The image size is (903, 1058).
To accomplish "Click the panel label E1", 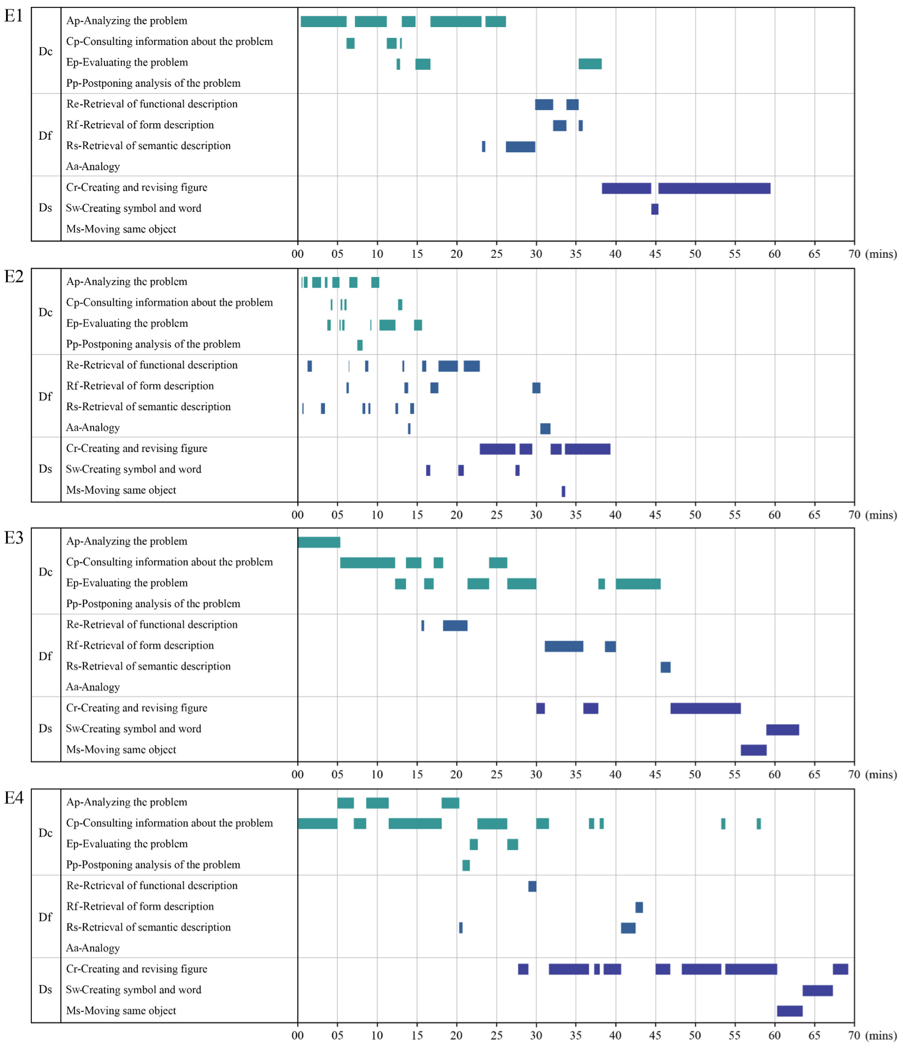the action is [x=14, y=16].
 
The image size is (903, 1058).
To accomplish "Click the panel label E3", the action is [x=14, y=538].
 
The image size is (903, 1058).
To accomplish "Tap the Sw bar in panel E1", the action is [x=655, y=209].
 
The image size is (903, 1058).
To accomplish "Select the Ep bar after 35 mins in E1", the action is [x=590, y=64].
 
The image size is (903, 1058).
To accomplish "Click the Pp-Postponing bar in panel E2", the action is [x=360, y=345].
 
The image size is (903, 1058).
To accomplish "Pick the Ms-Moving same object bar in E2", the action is [x=564, y=491].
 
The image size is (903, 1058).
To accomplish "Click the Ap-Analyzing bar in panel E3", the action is [x=319, y=542].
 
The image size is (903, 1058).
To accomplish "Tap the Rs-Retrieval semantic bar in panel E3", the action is [x=666, y=667].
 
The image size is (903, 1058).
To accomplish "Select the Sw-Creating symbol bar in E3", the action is [x=782, y=730].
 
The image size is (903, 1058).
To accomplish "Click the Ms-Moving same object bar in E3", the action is [x=753, y=750].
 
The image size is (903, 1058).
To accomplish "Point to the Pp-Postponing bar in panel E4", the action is [x=466, y=866].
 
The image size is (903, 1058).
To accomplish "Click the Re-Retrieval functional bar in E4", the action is [x=532, y=887].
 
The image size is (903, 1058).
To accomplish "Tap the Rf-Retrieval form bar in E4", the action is [x=639, y=908].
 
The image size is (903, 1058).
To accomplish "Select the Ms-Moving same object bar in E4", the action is [x=790, y=1011].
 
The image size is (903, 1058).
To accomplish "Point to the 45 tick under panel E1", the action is [x=655, y=254].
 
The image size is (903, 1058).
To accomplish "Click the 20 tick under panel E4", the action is [x=457, y=1035].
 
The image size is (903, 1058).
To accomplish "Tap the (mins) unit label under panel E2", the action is [x=881, y=515].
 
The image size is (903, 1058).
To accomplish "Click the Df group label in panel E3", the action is [x=45, y=656].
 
